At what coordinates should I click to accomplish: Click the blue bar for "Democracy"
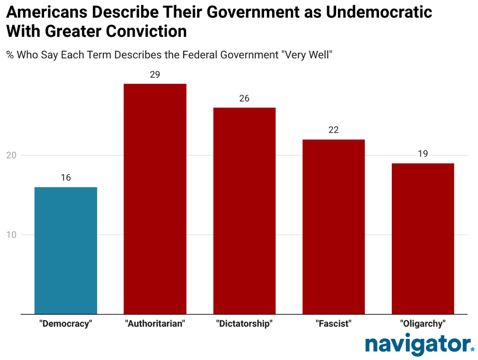coord(66,250)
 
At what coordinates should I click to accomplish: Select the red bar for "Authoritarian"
coord(155,199)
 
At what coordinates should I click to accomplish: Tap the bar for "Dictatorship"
coord(244,211)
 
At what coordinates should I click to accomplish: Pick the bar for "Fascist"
coord(333,227)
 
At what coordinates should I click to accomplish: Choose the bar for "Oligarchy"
coord(423,239)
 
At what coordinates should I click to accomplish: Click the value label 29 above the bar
coord(155,75)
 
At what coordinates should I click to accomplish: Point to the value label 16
coord(66,178)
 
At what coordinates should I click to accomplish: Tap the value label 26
coord(244,98)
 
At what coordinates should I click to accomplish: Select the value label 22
coord(333,130)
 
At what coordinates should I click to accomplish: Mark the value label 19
coord(423,154)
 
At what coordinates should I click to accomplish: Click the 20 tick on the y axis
coord(12,155)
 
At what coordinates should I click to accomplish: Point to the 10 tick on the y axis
coord(12,235)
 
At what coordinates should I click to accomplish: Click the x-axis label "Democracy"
coord(66,324)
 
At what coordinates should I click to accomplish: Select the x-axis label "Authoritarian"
coord(155,324)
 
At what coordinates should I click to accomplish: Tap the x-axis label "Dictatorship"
coord(244,324)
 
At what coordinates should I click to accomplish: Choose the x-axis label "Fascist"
coord(333,324)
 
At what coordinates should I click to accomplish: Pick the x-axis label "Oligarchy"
coord(423,324)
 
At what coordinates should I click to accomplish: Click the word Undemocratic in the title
coord(379,12)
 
